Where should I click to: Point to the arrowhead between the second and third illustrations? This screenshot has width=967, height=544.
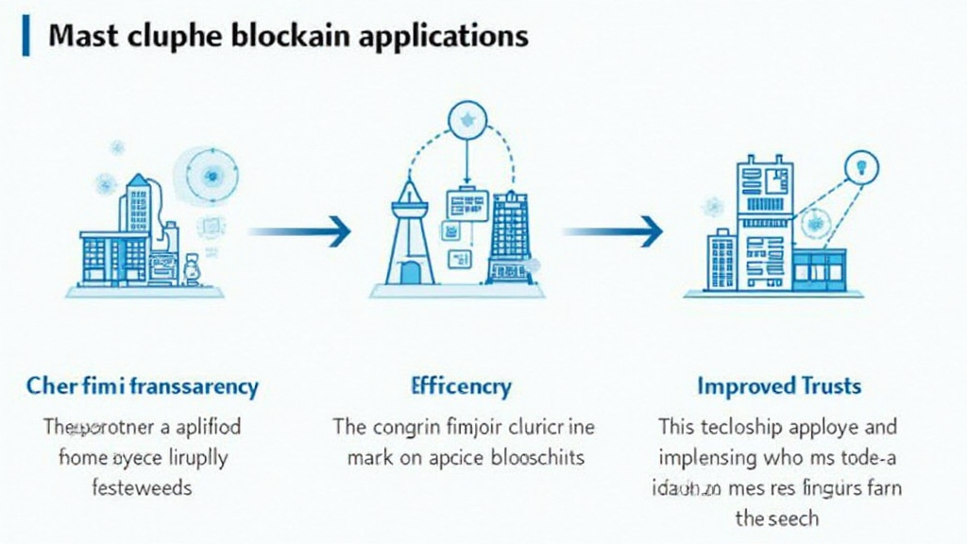click(x=650, y=230)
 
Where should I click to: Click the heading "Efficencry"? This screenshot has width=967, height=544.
click(x=462, y=386)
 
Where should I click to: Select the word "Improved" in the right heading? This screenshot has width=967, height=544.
click(x=745, y=386)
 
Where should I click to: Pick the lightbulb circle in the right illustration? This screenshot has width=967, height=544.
click(x=860, y=167)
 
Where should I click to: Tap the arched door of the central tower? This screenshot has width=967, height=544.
click(x=410, y=272)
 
